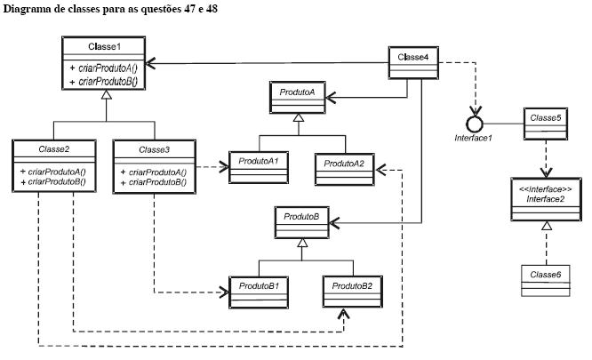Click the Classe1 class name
point(104,46)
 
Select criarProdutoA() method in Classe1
point(108,68)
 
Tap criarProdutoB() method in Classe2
point(57,182)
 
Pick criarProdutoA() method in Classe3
point(157,172)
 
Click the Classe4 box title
point(413,57)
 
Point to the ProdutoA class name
point(297,92)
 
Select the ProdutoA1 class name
point(259,161)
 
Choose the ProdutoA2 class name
point(344,164)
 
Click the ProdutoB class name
point(301,217)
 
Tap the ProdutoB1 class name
point(259,286)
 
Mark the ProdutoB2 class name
point(352,286)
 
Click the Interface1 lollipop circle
point(475,124)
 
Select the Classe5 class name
point(545,117)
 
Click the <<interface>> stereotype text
point(545,189)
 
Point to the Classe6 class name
point(545,275)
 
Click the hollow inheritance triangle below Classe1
point(107,95)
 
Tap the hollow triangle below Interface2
point(547,226)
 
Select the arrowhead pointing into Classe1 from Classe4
point(150,63)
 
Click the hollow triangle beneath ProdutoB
point(302,243)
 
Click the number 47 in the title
point(190,9)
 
